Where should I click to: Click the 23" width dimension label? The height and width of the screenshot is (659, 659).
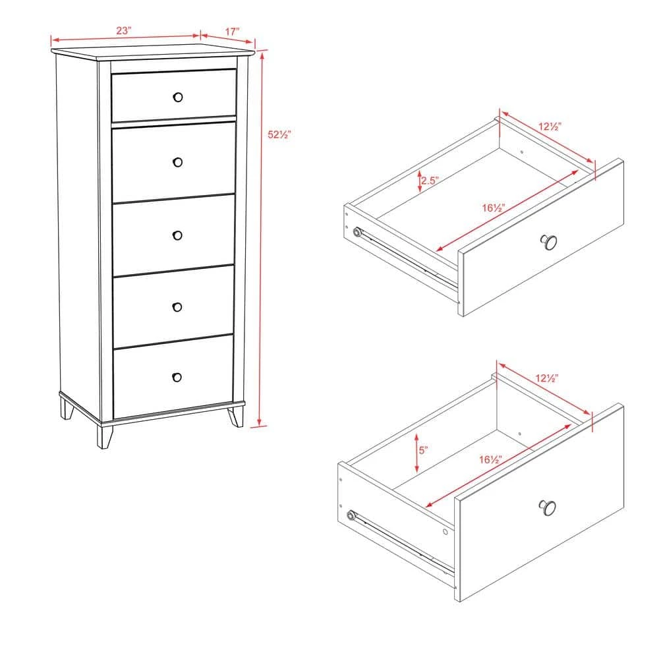pos(124,30)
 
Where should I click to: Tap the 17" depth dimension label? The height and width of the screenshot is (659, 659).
pos(231,31)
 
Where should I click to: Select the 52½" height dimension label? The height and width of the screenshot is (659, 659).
pos(279,134)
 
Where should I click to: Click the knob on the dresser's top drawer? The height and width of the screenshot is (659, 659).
pos(177,97)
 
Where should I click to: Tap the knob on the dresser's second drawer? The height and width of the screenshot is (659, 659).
pos(177,161)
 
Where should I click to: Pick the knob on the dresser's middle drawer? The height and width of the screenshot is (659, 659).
pos(177,235)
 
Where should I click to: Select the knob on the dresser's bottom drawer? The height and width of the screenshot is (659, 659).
pos(177,377)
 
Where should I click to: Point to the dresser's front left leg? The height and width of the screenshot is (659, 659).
pos(104,435)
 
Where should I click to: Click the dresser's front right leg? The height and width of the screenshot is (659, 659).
pos(235,416)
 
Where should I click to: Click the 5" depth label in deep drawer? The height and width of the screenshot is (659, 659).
pos(423,450)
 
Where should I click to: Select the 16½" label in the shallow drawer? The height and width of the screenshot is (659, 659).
pos(493,208)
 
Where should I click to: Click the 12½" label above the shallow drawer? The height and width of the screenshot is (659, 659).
pos(550,126)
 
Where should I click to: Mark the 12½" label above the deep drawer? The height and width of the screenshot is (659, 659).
pos(547,378)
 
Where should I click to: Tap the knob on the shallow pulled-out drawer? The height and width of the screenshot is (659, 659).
pos(548,242)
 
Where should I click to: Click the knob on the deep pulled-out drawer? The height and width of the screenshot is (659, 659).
pos(547,507)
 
